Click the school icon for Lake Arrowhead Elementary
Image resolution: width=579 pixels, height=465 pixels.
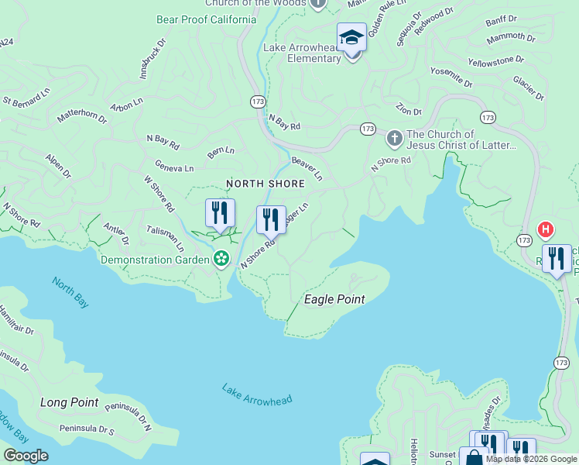pos(351,37)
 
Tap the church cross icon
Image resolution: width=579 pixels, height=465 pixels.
pos(394,139)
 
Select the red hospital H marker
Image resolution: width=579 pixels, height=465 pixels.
pos(546,229)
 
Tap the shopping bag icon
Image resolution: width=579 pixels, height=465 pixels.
pos(473,457)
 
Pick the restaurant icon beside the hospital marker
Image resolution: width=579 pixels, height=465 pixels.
pos(556,260)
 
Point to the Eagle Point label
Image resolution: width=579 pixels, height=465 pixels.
pos(334,299)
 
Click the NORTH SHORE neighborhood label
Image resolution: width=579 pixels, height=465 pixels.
pos(265,184)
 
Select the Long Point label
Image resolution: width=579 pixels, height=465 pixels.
pos(69,402)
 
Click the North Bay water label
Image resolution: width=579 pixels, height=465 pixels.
pos(70,291)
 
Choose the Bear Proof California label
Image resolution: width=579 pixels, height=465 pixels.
pos(206,19)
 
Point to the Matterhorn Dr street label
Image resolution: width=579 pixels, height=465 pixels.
pos(81,117)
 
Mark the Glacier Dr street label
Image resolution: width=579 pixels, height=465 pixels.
pos(529,88)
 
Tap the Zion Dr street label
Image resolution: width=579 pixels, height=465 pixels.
pos(407,108)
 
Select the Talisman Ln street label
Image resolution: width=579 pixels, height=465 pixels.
pos(165,239)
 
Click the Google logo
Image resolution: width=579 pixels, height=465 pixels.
pos(26,456)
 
